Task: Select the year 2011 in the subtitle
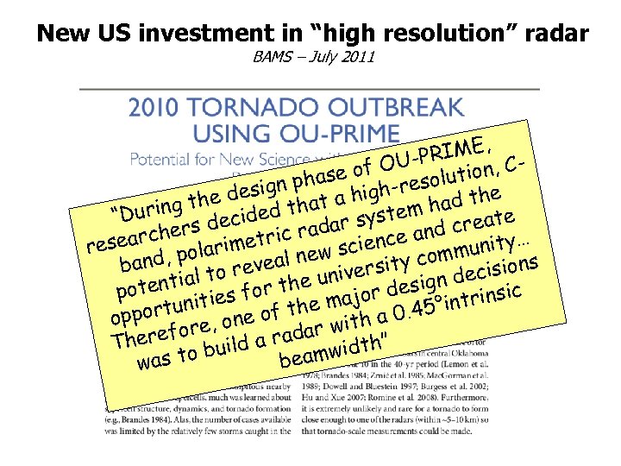click(357, 59)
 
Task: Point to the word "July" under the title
click(321, 59)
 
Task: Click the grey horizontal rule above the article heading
click(310, 89)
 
